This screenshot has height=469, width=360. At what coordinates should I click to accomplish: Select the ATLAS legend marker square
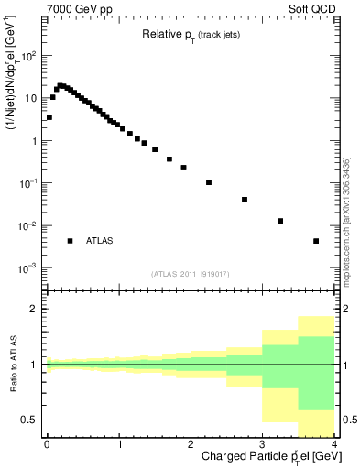(70, 241)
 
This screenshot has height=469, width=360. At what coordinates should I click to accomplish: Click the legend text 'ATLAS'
(99, 241)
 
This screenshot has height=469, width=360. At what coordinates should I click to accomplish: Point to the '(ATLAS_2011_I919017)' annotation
(190, 274)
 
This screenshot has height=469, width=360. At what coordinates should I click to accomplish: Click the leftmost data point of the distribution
(49, 117)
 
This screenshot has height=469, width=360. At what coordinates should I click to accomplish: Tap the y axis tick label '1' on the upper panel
(36, 141)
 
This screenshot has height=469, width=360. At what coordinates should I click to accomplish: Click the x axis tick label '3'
(263, 444)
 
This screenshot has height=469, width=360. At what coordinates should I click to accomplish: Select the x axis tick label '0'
(47, 444)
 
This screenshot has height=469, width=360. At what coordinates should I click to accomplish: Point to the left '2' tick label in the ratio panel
(36, 309)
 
